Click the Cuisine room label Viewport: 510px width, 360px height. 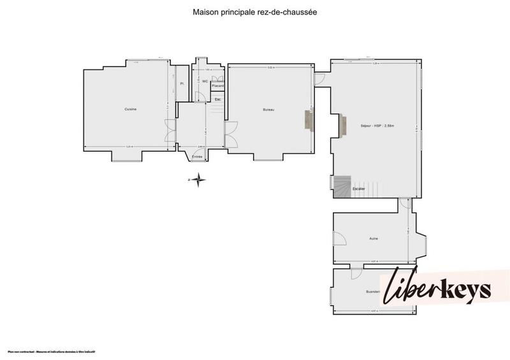(x=131, y=110)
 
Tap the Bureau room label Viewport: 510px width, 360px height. (x=268, y=110)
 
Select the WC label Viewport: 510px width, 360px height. (x=205, y=82)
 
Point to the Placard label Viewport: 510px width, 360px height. (x=217, y=85)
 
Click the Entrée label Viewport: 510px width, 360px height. (x=197, y=157)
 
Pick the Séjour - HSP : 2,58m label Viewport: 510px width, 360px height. (x=377, y=126)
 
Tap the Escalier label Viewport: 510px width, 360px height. (x=359, y=189)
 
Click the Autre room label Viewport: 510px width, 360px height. (x=374, y=239)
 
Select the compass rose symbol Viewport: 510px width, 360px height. (x=199, y=180)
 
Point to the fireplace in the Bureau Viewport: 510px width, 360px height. (x=310, y=119)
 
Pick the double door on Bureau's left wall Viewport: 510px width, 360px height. (x=229, y=135)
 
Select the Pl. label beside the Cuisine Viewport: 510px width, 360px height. (x=182, y=83)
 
